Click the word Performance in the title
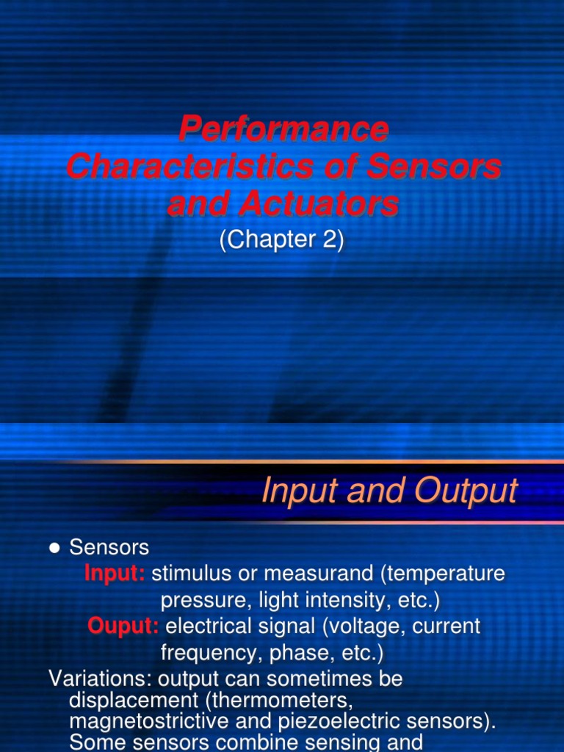click(x=283, y=130)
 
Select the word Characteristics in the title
click(x=187, y=167)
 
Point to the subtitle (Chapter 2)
click(x=282, y=242)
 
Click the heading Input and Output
click(x=389, y=491)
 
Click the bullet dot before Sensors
click(x=54, y=548)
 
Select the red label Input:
click(x=115, y=574)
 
